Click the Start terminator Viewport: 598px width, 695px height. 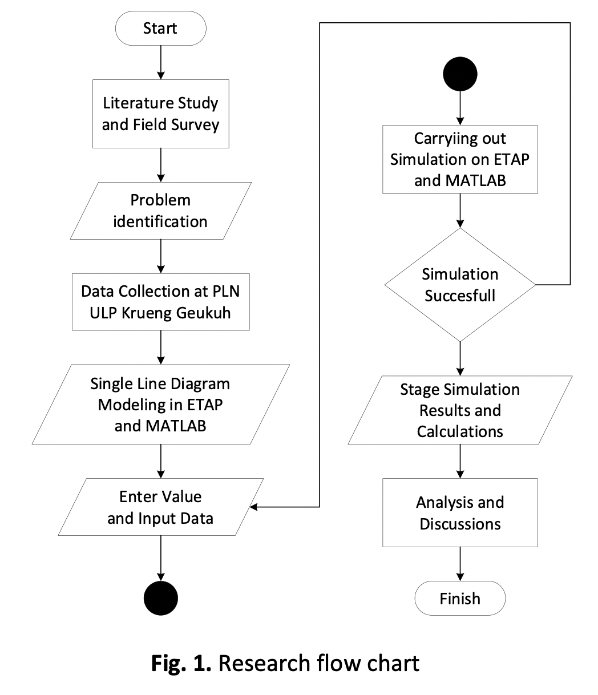coord(160,29)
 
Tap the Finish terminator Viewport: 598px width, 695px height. coord(460,599)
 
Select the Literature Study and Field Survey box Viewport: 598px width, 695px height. coord(160,114)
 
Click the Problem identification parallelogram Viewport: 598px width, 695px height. coord(160,211)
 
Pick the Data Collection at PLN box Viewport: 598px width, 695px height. coord(160,302)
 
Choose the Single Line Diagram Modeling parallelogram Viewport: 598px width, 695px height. coord(160,404)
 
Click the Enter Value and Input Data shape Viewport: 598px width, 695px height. coord(160,507)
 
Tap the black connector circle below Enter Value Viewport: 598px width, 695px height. coord(160,599)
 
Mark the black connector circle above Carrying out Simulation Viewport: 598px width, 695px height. coord(460,74)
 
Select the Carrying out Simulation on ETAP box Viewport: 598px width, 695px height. coord(460,159)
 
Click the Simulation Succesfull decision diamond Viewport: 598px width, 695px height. coord(460,284)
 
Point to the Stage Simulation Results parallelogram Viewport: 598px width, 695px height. coord(460,410)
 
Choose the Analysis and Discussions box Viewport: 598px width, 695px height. coord(460,513)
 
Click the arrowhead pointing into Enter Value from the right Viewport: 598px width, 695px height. coord(253,507)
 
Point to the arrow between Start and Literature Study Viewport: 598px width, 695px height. coord(160,63)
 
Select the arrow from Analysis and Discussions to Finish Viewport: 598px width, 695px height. coord(460,564)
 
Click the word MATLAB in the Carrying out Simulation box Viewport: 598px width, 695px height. coord(460,180)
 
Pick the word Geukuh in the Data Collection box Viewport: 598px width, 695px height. coord(203,313)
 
